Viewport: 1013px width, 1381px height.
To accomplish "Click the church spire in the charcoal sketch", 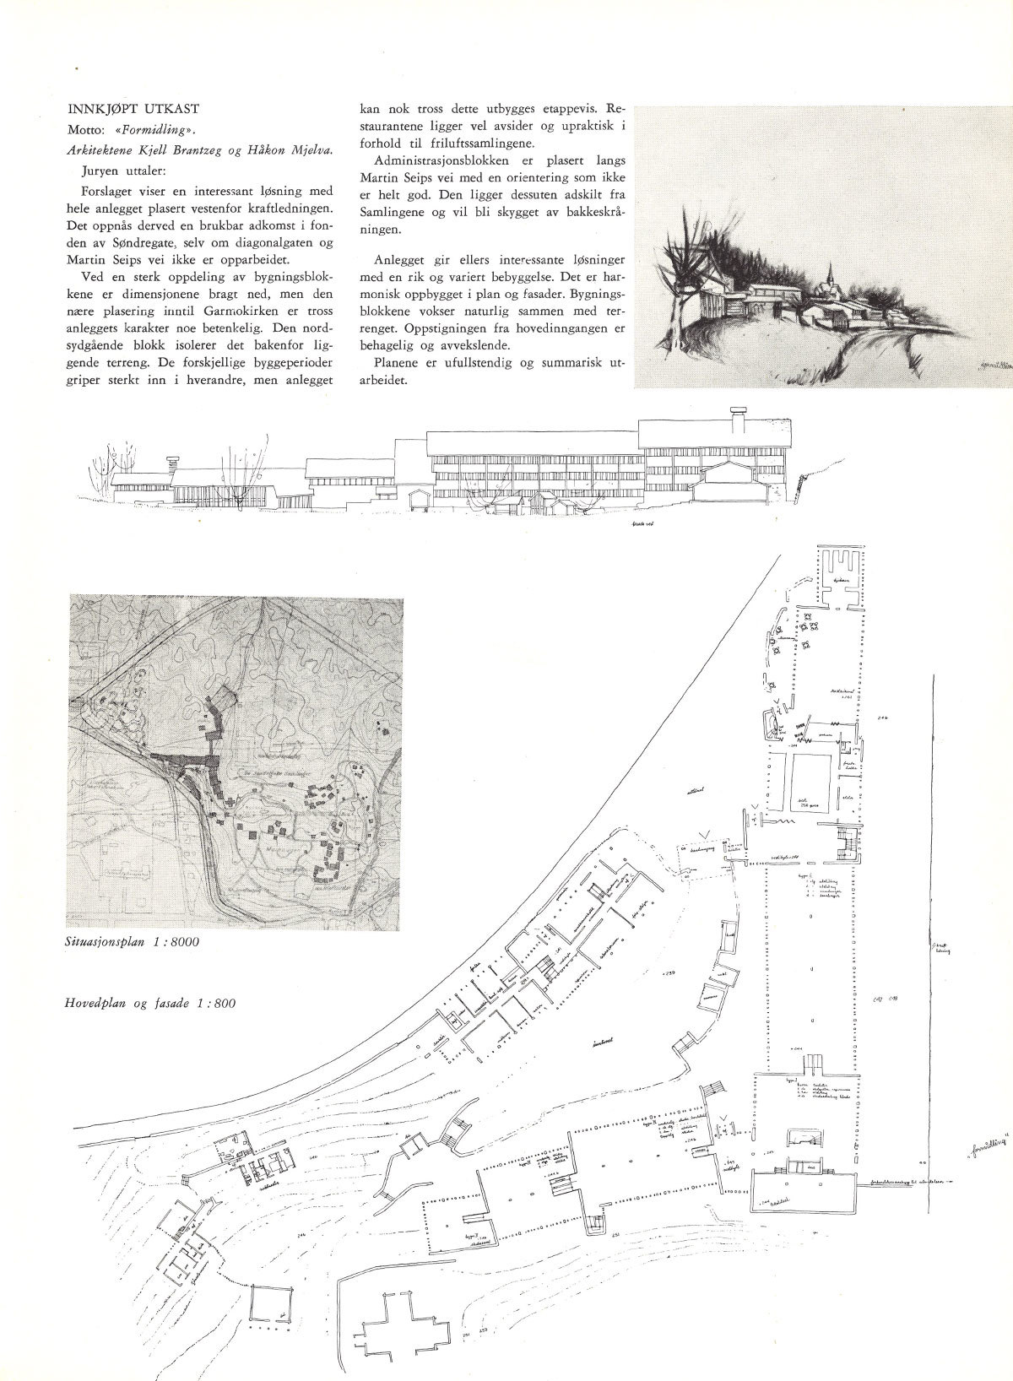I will [x=832, y=274].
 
